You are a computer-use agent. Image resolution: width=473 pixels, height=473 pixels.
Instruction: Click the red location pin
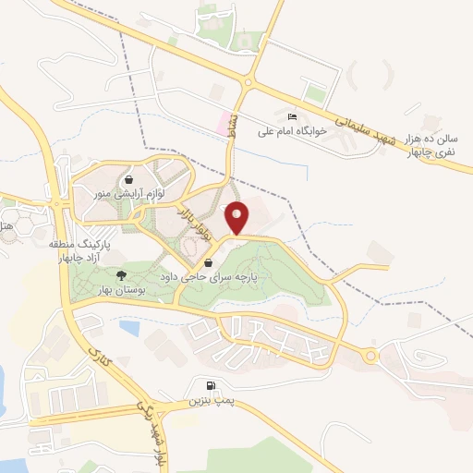pos(238,218)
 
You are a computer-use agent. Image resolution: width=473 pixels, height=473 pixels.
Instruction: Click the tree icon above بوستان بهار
pos(120,275)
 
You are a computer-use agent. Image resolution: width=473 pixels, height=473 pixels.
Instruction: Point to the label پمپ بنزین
pos(208,402)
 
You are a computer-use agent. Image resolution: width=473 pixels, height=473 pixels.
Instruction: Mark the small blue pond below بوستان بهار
pos(130,326)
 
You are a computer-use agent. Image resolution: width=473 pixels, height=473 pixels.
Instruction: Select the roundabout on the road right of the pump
pos(371,357)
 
